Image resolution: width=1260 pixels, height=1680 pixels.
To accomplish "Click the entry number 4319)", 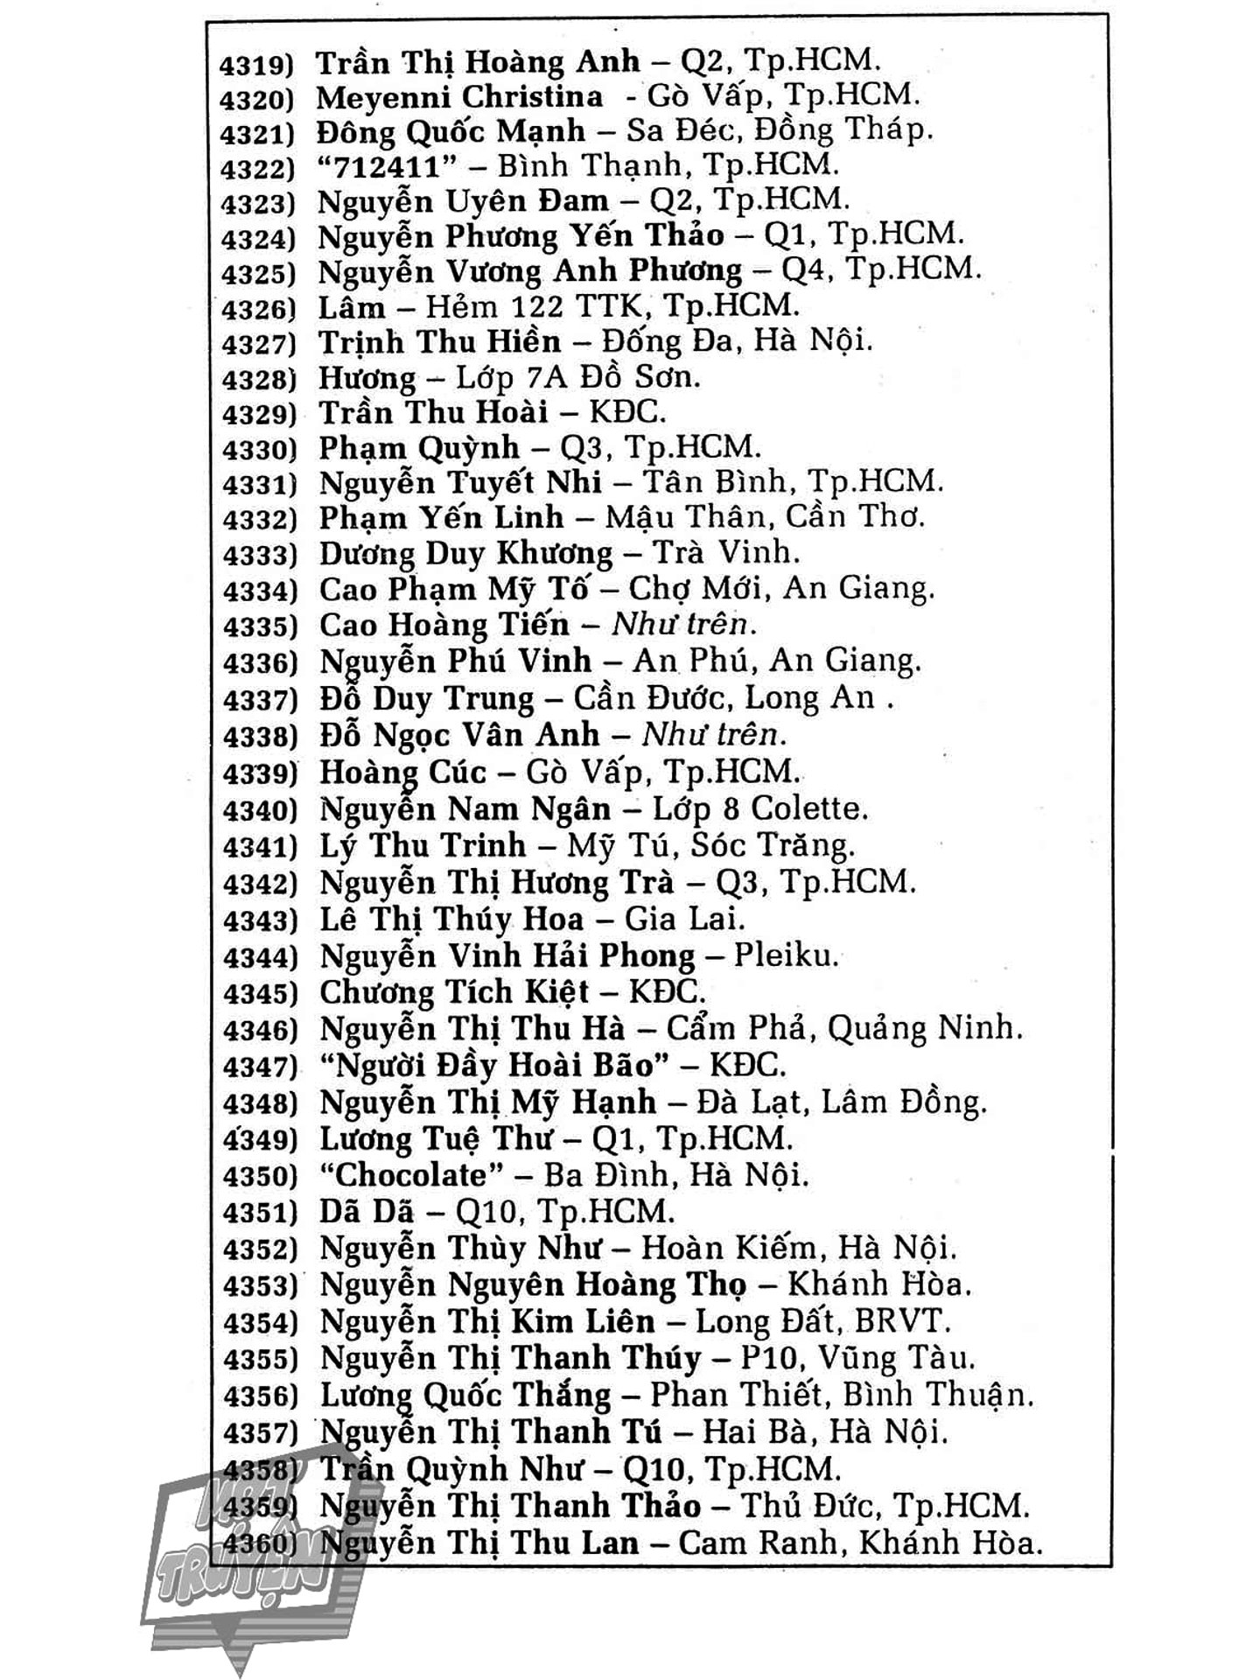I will tap(258, 66).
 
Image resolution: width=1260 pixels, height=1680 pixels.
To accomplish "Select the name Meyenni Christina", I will tap(459, 96).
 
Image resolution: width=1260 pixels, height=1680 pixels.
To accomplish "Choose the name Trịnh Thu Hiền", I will tap(439, 342).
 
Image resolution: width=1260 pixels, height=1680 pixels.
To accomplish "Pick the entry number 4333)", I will tap(260, 556).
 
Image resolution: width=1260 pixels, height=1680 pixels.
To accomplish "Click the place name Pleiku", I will tap(786, 955).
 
